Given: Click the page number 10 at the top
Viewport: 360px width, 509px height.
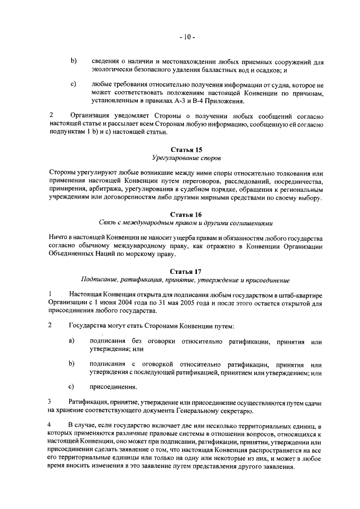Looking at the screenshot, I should pyautogui.click(x=187, y=38).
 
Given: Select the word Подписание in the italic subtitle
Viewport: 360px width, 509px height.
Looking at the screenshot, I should pyautogui.click(x=100, y=280).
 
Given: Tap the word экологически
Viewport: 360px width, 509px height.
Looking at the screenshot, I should pyautogui.click(x=112, y=69).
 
